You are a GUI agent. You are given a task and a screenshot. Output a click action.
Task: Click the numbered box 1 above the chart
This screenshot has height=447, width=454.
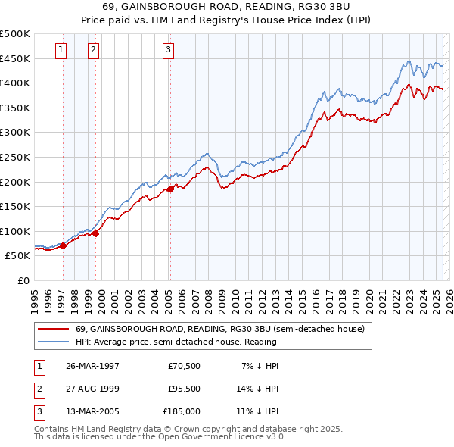(x=60, y=51)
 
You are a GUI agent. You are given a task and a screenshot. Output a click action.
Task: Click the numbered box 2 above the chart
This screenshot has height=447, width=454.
(x=92, y=51)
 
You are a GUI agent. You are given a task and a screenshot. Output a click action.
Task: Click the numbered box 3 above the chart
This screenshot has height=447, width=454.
(x=167, y=51)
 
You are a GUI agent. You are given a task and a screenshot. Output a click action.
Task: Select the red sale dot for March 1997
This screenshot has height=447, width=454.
(x=64, y=245)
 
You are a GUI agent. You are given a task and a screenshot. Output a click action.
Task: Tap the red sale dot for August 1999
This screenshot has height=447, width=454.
(x=96, y=233)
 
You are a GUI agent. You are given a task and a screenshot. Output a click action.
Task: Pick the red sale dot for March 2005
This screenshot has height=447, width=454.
(x=170, y=189)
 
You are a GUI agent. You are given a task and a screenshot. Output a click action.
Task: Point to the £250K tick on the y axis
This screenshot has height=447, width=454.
(x=15, y=157)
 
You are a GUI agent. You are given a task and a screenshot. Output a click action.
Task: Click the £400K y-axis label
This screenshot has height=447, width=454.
(x=15, y=83)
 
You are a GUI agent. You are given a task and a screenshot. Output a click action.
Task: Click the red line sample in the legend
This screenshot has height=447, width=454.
(x=52, y=329)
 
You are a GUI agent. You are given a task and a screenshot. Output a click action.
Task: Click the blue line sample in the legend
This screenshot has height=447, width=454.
(x=52, y=342)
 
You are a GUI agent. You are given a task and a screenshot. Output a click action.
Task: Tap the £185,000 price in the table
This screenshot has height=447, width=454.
(x=182, y=412)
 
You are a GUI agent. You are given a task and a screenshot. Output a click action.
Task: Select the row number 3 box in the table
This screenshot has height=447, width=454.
(x=37, y=412)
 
